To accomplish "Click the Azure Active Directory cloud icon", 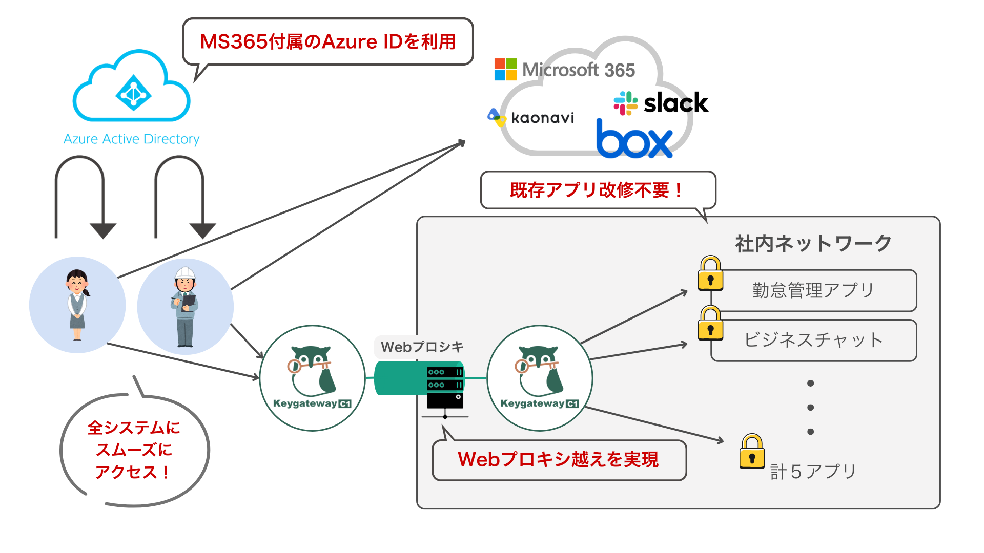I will click(132, 87).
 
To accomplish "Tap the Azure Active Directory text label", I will click(131, 139).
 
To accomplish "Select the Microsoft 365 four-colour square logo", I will click(505, 70).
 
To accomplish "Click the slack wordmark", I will click(675, 103).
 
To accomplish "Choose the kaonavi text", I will click(542, 118).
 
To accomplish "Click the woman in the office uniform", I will click(77, 305).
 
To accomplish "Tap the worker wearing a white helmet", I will click(185, 307).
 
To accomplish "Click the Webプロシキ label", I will click(422, 347).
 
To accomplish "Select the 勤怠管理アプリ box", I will click(813, 290).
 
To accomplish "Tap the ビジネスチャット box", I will click(813, 340).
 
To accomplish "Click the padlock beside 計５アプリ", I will click(752, 452).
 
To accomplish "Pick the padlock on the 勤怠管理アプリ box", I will click(710, 273).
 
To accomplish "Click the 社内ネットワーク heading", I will click(813, 243).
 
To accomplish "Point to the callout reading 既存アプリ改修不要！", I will click(597, 190).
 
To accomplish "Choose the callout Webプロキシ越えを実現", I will click(559, 459).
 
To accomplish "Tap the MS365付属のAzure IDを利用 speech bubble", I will click(328, 41).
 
